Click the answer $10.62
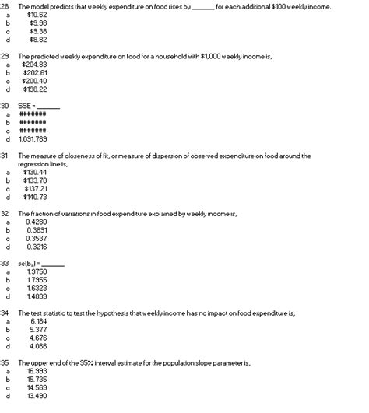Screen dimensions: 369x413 click(37, 15)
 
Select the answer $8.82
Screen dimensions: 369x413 click(38, 39)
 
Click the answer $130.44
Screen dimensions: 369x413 click(37, 172)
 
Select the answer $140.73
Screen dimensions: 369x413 click(37, 196)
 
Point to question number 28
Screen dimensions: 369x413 click(5, 6)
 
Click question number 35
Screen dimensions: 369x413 click(5, 362)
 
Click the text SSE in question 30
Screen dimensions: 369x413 click(25, 106)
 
